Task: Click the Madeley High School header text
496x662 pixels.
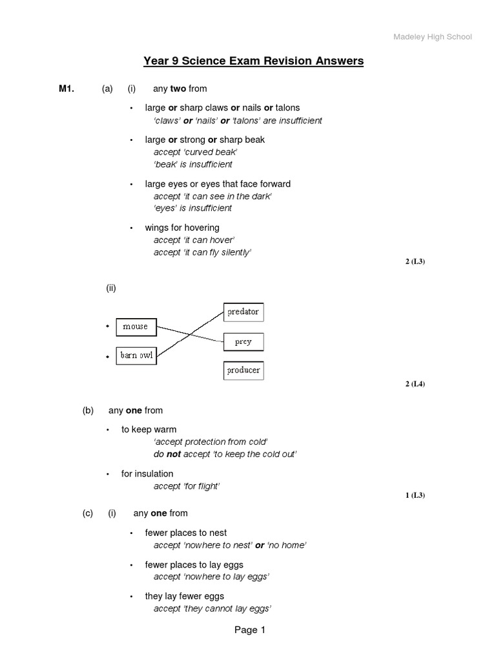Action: (x=433, y=37)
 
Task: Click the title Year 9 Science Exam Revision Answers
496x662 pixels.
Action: (x=253, y=61)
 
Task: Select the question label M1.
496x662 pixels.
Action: (x=67, y=89)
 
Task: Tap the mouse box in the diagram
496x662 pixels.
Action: (x=136, y=326)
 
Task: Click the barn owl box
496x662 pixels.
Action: (x=136, y=356)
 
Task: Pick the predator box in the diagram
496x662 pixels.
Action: (x=243, y=312)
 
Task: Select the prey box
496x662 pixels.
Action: (x=243, y=341)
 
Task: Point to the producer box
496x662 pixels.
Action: (x=243, y=370)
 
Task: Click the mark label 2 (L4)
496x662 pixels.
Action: (x=415, y=384)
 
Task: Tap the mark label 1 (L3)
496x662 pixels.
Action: (x=415, y=495)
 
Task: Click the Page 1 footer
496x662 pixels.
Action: (x=250, y=630)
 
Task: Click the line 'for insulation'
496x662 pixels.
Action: (x=147, y=474)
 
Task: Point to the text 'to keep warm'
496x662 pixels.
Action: (x=149, y=429)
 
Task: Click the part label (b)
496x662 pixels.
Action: (x=88, y=411)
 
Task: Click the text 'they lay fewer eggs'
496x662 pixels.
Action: (x=185, y=596)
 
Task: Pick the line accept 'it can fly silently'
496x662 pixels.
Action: (x=202, y=252)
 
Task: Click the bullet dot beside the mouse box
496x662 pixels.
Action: (x=107, y=327)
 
